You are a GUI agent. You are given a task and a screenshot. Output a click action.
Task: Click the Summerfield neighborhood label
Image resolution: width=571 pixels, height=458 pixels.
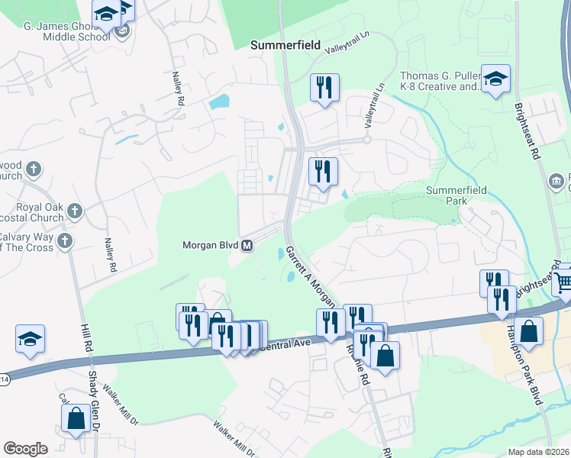(x=285, y=46)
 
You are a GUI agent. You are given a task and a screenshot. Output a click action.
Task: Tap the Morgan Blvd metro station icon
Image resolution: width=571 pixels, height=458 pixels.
(x=247, y=246)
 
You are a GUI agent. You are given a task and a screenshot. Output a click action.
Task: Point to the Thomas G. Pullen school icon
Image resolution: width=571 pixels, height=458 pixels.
(x=495, y=79)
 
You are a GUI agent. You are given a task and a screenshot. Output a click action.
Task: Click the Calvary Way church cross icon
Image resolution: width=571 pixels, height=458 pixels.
(x=66, y=241)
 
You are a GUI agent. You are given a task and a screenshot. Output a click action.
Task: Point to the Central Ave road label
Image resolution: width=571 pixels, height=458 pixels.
(x=287, y=345)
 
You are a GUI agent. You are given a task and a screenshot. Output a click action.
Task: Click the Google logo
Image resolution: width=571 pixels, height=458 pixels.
(x=25, y=449)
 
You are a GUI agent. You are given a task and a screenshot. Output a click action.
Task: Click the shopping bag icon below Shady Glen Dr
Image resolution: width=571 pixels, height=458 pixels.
(x=76, y=419)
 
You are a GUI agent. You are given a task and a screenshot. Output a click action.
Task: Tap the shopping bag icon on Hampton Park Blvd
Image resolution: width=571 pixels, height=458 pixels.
(x=527, y=333)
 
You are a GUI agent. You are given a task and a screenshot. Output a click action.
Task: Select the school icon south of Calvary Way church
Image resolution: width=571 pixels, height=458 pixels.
(x=30, y=340)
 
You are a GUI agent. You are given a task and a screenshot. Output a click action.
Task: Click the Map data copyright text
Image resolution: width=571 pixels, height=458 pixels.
(x=539, y=452)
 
